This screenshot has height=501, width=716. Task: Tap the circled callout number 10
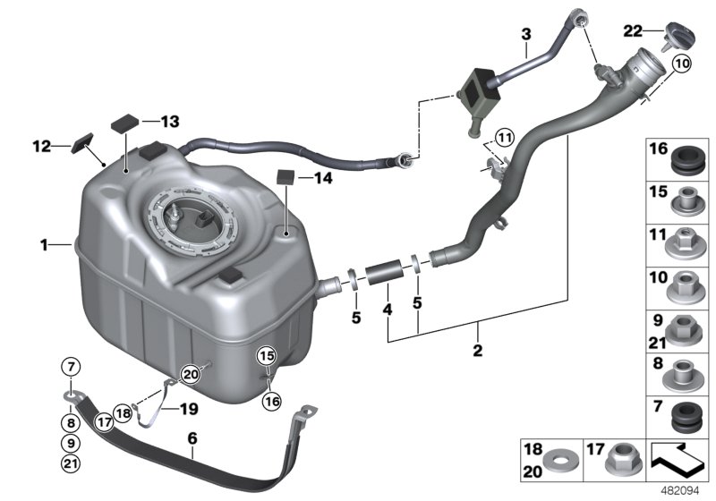tap(682, 64)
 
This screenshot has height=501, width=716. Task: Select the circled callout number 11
tap(504, 138)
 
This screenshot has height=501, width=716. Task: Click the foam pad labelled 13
tap(125, 123)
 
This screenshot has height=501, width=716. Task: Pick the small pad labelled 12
tap(82, 143)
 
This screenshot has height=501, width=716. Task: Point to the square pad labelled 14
tap(286, 176)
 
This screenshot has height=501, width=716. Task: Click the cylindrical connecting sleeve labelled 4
tap(384, 272)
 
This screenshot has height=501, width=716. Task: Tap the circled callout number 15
tap(267, 355)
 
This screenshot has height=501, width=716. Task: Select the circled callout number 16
tap(272, 401)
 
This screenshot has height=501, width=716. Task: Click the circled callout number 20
tap(191, 375)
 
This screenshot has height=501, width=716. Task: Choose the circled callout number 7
tap(71, 367)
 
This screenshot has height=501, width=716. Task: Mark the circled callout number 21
tap(71, 464)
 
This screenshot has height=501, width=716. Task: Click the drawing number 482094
tap(680, 491)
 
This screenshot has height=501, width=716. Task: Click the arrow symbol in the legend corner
tap(678, 460)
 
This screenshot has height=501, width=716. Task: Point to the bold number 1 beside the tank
tap(44, 245)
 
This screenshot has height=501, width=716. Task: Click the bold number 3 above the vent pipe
tap(526, 34)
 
